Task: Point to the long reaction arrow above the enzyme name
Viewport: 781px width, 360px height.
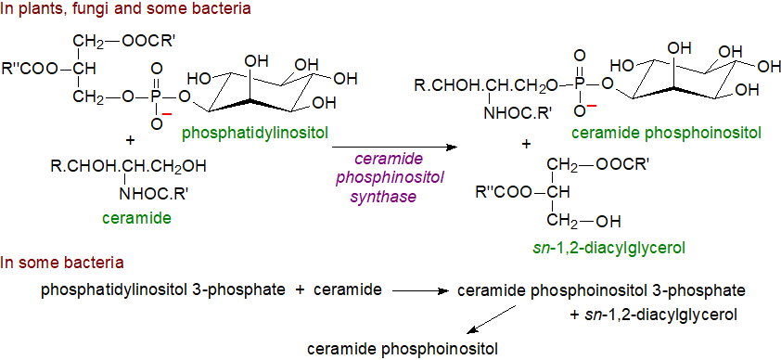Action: [x=395, y=147]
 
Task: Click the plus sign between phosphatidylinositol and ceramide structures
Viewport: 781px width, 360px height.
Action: [x=129, y=141]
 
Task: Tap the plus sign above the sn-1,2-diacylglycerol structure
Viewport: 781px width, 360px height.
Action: [x=527, y=145]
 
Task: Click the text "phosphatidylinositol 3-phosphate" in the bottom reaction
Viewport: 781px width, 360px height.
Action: [x=163, y=290]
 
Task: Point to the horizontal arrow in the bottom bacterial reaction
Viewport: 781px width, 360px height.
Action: [x=419, y=291]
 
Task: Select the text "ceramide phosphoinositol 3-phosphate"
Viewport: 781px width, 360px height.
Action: [x=602, y=291]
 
